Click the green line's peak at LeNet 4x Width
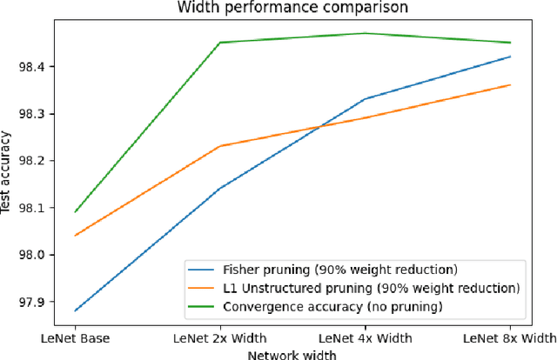pos(365,33)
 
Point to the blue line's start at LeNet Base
pos(76,310)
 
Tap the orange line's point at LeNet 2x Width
pos(220,146)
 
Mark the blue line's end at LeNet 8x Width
pos(510,57)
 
